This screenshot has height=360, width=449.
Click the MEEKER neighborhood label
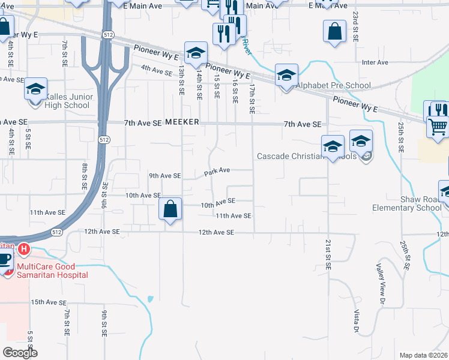tap(182, 123)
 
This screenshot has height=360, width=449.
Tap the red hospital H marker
tap(23, 248)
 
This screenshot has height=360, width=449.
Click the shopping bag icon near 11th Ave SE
tap(170, 210)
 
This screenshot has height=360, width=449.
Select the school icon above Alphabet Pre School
tap(287, 76)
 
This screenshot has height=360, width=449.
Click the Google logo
tap(20, 353)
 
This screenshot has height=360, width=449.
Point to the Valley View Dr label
tap(380, 283)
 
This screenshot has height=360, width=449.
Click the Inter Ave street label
tap(376, 62)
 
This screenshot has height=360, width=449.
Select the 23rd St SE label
tap(355, 25)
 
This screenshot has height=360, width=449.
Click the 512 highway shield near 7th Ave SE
tap(104, 140)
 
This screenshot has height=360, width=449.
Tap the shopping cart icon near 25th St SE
tap(438, 127)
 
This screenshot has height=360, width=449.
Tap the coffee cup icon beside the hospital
tap(5, 261)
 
